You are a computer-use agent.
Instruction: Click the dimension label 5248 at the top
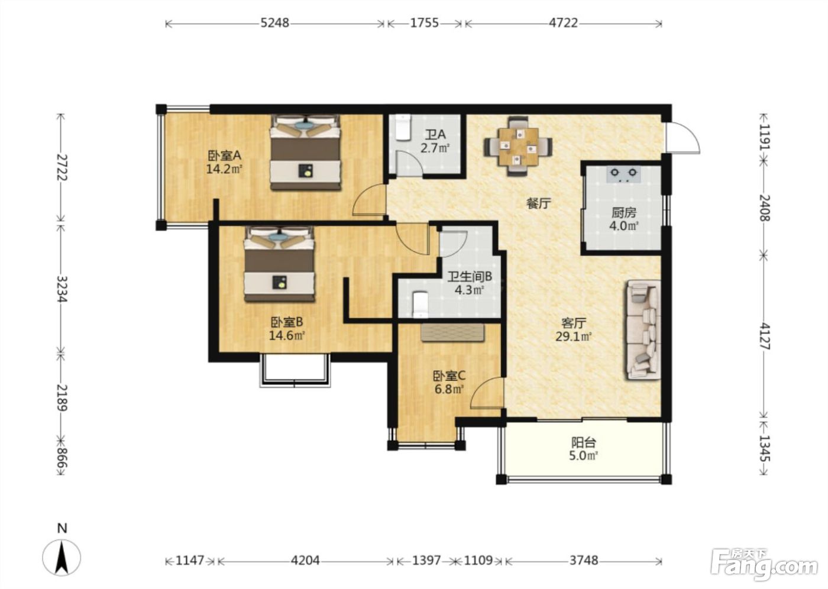(x=274, y=23)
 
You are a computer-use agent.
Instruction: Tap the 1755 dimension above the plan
(x=425, y=23)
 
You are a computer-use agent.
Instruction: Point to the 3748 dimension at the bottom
(x=584, y=561)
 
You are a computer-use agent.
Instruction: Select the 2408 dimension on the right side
(x=764, y=208)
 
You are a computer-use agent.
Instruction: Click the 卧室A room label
(x=224, y=156)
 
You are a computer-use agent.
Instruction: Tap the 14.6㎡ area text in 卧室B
(x=287, y=336)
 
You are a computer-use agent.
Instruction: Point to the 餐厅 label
(x=539, y=203)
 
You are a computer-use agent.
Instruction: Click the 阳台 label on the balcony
(x=584, y=442)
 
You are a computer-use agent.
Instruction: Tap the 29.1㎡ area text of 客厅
(x=574, y=336)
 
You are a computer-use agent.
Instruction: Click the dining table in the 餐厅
(x=519, y=146)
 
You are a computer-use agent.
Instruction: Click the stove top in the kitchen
(x=623, y=174)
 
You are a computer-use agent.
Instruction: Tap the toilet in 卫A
(x=403, y=128)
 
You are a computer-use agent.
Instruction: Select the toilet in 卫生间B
(x=421, y=305)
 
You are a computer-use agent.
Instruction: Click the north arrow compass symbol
(x=62, y=558)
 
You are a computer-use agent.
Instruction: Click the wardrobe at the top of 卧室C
(x=453, y=332)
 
